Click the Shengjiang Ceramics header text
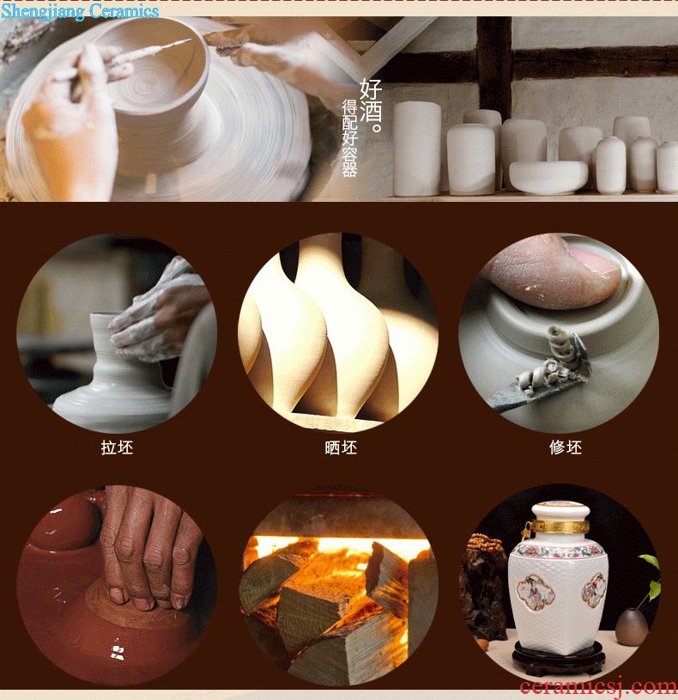80,11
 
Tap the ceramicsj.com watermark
598,687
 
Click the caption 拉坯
117,447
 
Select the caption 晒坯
341,447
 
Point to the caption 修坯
566,447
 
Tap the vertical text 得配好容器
349,138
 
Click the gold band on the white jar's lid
559,527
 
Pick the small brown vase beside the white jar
632,626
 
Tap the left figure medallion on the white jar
536,593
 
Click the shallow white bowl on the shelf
548,177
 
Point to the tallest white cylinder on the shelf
416,149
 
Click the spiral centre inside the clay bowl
146,84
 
